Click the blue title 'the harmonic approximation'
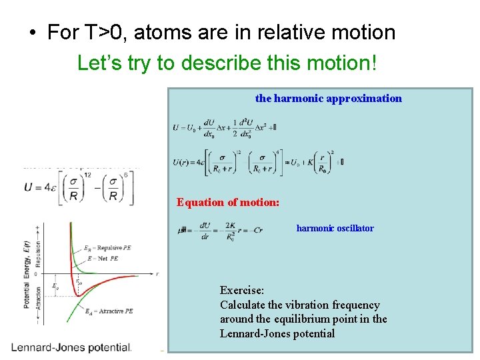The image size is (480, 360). tap(328, 99)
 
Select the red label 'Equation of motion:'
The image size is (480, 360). tap(227, 202)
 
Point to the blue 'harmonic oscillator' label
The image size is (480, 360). tap(335, 228)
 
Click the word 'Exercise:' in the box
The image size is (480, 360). tap(242, 290)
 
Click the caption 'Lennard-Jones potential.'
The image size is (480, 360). tap(71, 347)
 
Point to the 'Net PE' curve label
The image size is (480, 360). tap(106, 257)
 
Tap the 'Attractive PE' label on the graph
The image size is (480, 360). tap(112, 311)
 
